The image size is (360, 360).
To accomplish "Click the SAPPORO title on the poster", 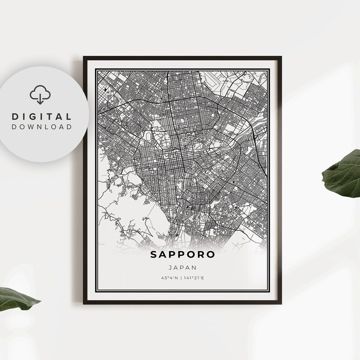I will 183,255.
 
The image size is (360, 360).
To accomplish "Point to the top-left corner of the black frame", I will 84,57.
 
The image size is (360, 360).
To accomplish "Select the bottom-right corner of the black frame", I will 281,302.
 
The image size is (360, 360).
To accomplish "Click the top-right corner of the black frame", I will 281,57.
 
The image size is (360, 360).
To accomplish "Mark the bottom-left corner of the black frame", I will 84,302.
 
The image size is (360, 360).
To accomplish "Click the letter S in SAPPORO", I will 154,255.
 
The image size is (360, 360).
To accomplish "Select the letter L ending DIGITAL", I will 69,117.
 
